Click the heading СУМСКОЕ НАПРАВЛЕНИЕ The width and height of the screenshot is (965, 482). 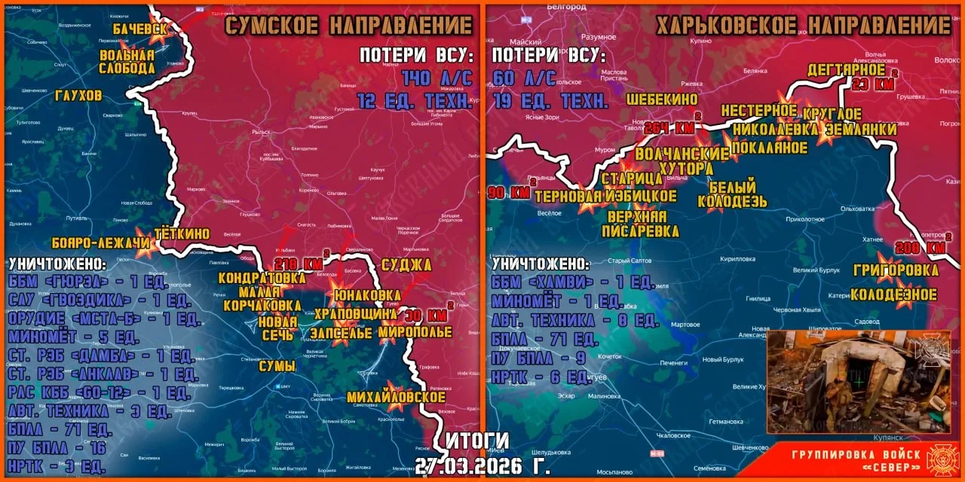point(349,26)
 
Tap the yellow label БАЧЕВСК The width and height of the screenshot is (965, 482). point(140,29)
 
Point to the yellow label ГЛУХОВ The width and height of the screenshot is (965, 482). point(78,96)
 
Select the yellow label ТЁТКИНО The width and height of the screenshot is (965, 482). point(182,233)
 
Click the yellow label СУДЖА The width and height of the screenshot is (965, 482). point(406,264)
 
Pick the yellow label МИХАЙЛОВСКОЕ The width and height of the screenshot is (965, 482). point(397,397)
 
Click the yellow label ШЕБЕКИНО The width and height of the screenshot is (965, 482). point(662,99)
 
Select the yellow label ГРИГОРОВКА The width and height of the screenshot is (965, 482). point(896,270)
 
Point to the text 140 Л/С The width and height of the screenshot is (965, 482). point(437,78)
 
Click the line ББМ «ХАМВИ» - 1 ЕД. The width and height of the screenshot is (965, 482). point(571,282)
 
